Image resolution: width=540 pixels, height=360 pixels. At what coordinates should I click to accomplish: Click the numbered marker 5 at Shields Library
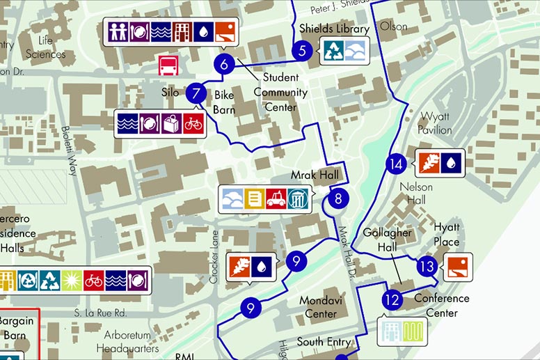pyautogui.click(x=301, y=50)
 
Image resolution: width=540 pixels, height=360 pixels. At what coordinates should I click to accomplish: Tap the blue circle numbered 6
pyautogui.click(x=223, y=65)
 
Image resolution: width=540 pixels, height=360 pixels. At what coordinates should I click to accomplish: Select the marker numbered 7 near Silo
pyautogui.click(x=196, y=92)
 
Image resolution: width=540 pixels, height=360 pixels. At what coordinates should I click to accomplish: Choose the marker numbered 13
pyautogui.click(x=427, y=266)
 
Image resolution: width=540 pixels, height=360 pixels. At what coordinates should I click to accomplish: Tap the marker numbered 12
pyautogui.click(x=392, y=300)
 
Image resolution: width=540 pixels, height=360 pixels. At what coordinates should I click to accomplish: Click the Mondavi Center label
pyautogui.click(x=317, y=307)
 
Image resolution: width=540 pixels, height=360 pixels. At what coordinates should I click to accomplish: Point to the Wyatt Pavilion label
pyautogui.click(x=435, y=124)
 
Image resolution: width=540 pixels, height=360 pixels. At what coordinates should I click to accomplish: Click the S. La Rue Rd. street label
pyautogui.click(x=100, y=313)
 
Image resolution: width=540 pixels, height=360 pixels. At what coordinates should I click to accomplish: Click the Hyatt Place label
pyautogui.click(x=447, y=235)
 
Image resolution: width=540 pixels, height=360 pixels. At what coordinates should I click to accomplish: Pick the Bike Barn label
pyautogui.click(x=224, y=102)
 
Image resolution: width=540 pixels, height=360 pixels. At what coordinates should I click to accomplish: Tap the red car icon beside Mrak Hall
pyautogui.click(x=276, y=198)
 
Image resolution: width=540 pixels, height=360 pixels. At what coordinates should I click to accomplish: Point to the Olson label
pyautogui.click(x=393, y=26)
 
